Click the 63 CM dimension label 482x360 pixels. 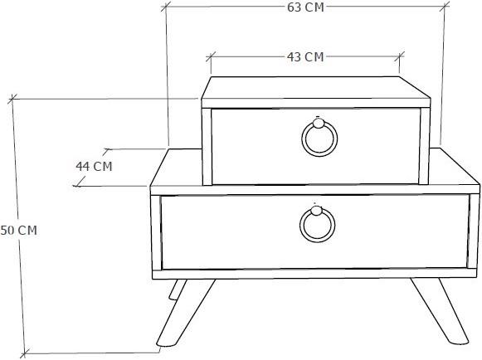305,7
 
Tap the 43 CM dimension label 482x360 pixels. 305,57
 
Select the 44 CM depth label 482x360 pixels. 94,167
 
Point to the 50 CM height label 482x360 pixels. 18,231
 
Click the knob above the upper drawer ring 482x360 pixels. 319,123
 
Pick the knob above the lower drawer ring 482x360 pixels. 316,211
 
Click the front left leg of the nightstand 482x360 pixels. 186,313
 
